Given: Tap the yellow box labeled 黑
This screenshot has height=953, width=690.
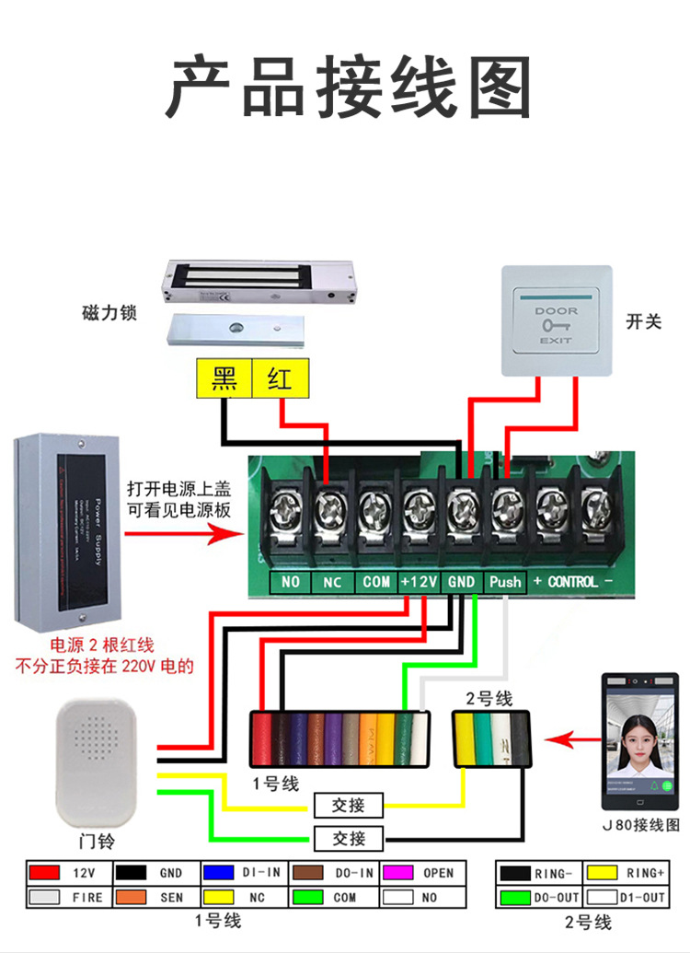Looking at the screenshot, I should [224, 378].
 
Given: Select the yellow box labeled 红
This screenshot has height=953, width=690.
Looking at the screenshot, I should [280, 378].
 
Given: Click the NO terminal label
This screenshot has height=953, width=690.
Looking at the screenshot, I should [291, 582].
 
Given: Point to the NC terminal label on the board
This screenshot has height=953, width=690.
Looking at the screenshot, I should [333, 582].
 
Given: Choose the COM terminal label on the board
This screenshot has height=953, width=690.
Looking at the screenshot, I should [376, 582].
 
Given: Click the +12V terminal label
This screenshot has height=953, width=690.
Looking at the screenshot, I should [419, 582].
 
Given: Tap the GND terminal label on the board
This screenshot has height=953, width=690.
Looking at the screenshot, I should [461, 582].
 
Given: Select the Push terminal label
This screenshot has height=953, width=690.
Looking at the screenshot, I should [505, 582].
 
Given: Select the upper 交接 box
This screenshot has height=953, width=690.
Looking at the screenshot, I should [349, 806].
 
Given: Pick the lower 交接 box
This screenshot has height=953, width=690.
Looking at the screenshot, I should [349, 839].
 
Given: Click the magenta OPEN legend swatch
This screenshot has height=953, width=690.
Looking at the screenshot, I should [396, 872].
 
